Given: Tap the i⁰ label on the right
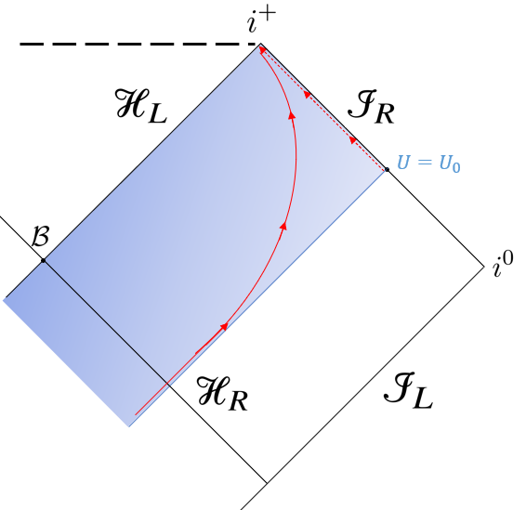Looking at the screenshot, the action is point(502,268).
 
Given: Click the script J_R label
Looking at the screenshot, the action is point(371,110).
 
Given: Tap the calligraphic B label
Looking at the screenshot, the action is point(40,236).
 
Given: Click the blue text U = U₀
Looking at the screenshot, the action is point(428,163).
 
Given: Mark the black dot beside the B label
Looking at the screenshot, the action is point(43,260).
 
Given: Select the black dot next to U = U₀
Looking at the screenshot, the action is point(387,169).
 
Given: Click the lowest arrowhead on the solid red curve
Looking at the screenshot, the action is point(224,326).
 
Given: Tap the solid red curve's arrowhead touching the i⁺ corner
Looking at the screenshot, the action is point(263,50).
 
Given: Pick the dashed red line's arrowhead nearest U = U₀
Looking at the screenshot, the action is point(352,139).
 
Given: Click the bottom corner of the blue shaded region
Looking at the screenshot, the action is point(129,426).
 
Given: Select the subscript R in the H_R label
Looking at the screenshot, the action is point(242,402).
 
